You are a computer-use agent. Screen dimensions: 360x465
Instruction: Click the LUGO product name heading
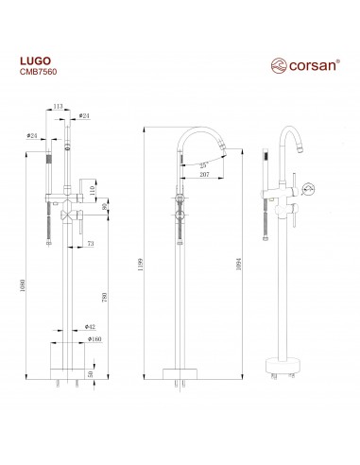point(35,60)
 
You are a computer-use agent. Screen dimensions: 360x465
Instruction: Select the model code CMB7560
point(38,72)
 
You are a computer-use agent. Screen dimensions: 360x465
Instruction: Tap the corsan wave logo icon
point(279,65)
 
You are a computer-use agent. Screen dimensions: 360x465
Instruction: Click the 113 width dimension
point(58,107)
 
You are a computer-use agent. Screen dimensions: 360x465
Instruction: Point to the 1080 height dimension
point(23,285)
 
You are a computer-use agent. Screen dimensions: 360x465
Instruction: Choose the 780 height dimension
point(105,297)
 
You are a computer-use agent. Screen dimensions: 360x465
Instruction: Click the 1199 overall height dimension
point(141,265)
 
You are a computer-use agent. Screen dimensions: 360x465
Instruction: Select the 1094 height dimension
point(238,264)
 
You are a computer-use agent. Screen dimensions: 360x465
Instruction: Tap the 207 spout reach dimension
point(204,174)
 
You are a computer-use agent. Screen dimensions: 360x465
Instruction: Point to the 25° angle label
point(204,165)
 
